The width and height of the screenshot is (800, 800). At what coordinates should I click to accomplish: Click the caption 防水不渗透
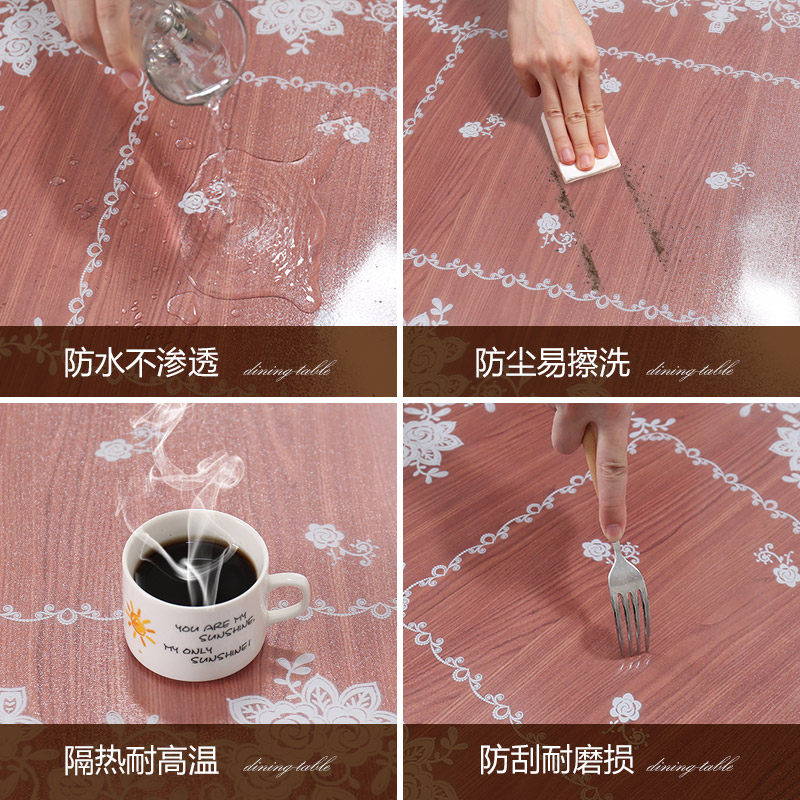point(141,363)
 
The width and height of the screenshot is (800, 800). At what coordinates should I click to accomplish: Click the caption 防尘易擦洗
point(552,363)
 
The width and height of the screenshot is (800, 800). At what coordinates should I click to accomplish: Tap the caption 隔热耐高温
point(141,761)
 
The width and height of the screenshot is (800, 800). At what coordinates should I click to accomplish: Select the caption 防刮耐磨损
point(556,761)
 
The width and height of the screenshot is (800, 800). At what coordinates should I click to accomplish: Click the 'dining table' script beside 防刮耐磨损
point(690,767)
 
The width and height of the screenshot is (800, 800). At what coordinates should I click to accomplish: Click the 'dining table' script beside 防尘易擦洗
point(690,370)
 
